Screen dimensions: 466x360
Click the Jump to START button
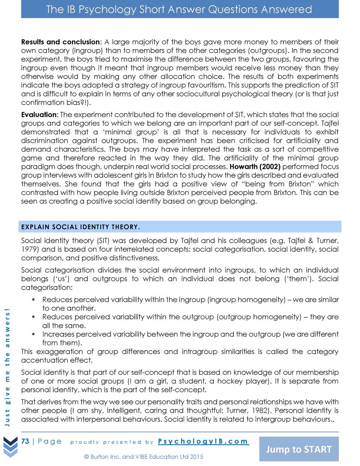pyautogui.click(x=299, y=449)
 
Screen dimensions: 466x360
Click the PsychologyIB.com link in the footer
pyautogui.click(x=203, y=441)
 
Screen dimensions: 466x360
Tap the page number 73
pyautogui.click(x=25, y=441)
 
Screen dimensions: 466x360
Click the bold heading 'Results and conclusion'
pyautogui.click(x=60, y=42)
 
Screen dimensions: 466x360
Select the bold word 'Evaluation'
pyautogui.click(x=39, y=115)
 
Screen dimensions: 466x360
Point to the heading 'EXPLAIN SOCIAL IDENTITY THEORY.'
pyautogui.click(x=81, y=227)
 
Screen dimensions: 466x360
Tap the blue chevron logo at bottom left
pyautogui.click(x=10, y=448)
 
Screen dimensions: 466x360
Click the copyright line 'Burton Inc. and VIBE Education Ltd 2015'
pyautogui.click(x=144, y=457)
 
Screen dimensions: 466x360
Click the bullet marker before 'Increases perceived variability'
pyautogui.click(x=33, y=334)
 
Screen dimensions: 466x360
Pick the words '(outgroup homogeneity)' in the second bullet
pyautogui.click(x=259, y=317)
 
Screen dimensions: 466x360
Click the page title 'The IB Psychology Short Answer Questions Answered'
pyautogui.click(x=180, y=9)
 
